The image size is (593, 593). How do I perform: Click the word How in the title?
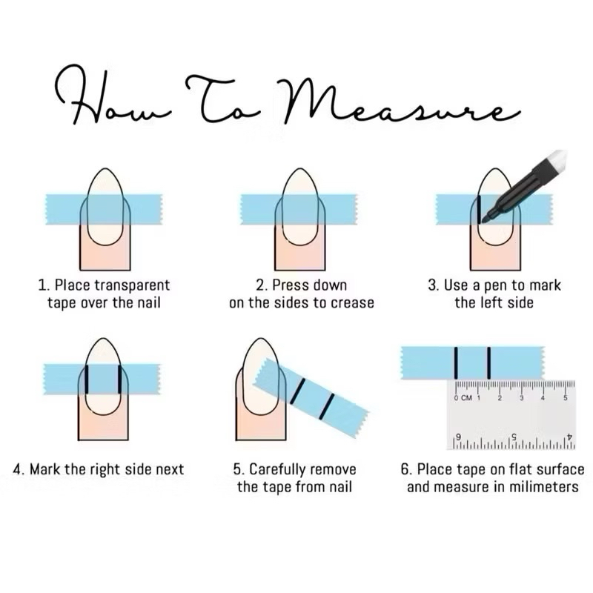pos(112,95)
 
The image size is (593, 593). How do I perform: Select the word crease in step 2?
pos(352,303)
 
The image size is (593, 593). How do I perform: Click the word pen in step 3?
pos(496,286)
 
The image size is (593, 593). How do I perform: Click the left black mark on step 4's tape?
pos(87,380)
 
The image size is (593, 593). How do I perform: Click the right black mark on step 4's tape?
pos(120,380)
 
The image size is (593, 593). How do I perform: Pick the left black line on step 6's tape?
pos(456,363)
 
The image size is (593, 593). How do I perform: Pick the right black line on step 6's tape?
pos(489,363)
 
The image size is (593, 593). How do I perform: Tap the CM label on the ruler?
pos(466,398)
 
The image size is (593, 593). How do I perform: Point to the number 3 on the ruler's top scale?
pos(522,398)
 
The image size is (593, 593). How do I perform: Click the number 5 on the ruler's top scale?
pos(566,398)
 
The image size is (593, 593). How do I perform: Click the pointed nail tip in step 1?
pos(105,170)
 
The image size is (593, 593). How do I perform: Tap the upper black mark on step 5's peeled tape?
pos(297,391)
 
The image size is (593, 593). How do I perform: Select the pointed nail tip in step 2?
pos(300,170)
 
